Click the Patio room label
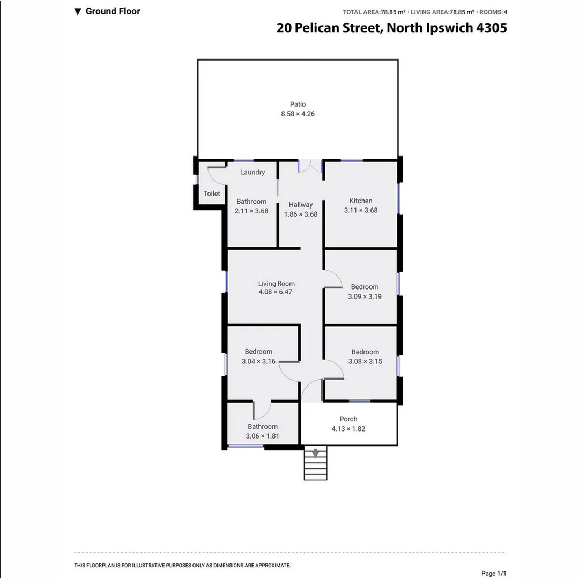[298, 104]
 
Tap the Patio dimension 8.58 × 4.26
[298, 114]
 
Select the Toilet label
[212, 193]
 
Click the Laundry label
[253, 172]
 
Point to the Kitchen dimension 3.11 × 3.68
[361, 210]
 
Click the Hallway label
[300, 204]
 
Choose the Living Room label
[276, 284]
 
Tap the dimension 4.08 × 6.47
[275, 292]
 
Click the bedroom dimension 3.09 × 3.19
[365, 296]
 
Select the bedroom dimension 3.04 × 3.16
[258, 361]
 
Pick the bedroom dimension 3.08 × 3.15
[365, 361]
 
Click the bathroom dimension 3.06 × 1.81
[262, 436]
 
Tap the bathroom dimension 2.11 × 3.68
[251, 211]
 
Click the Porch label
[348, 419]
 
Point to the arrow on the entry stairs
[315, 453]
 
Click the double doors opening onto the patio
[310, 166]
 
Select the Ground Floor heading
[113, 11]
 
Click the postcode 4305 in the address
[492, 28]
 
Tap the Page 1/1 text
[493, 573]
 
